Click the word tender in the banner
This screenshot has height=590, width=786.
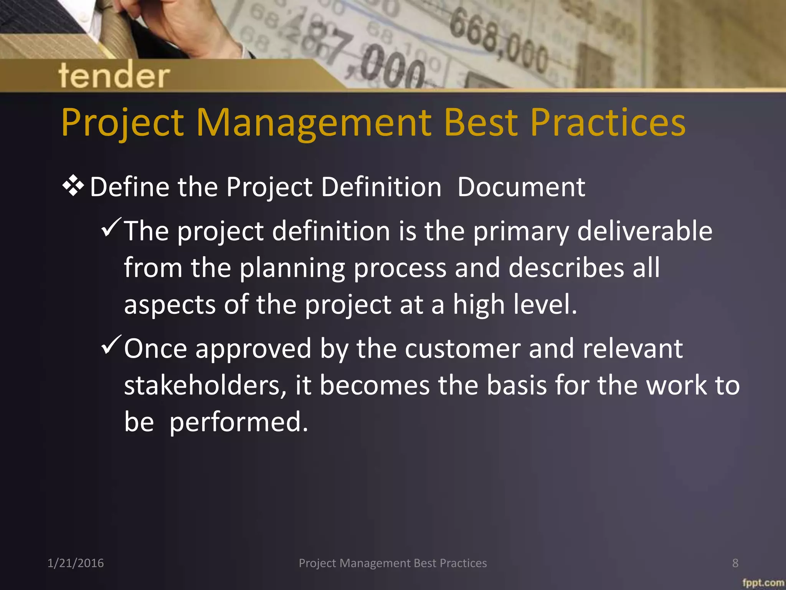[114, 75]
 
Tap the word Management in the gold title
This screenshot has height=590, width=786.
[315, 123]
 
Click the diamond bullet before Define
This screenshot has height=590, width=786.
[73, 187]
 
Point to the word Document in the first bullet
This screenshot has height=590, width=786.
[521, 187]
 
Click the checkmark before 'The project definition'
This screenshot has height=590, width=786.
[111, 227]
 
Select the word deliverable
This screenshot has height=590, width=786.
[644, 231]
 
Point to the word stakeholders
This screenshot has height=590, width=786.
[205, 385]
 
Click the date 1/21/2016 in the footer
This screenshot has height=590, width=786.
[76, 563]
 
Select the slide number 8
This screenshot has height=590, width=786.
[735, 563]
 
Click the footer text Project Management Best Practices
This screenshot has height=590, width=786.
[393, 563]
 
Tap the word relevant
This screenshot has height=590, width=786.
[632, 349]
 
